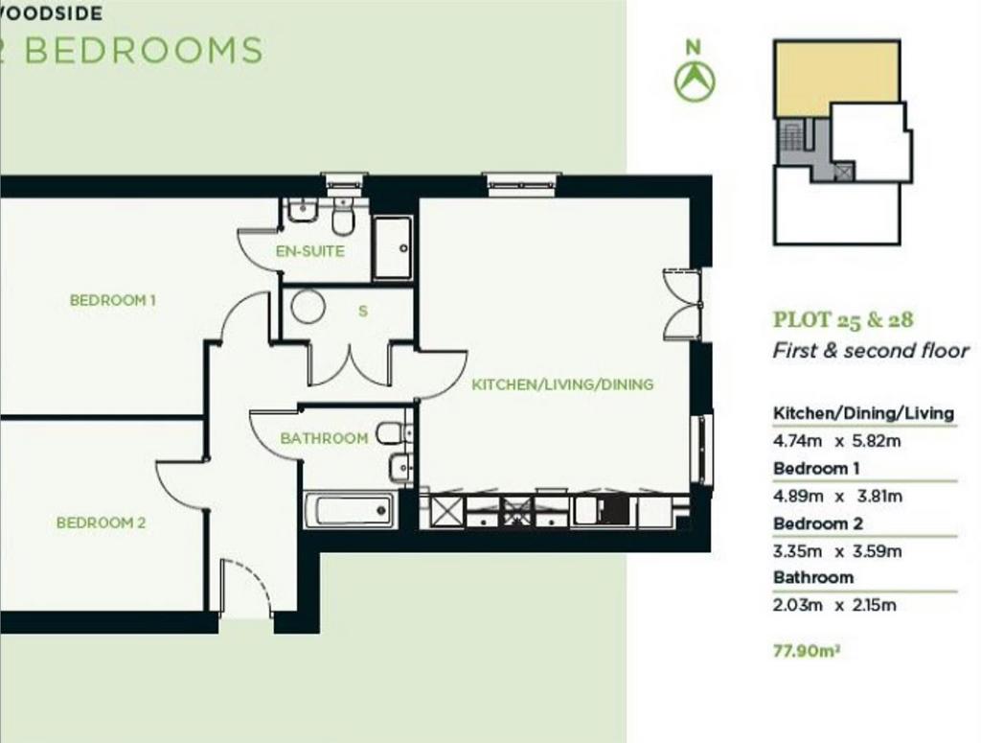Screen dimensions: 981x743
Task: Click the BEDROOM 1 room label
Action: [x=113, y=300]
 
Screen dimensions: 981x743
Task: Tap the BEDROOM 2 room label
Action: [x=101, y=522]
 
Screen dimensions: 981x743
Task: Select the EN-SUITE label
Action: [x=310, y=251]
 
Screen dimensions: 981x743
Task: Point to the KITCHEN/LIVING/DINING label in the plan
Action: [x=562, y=384]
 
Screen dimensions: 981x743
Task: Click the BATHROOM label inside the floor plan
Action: [x=324, y=438]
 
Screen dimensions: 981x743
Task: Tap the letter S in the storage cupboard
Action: [x=363, y=311]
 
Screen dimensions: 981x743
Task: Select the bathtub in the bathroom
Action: [x=350, y=511]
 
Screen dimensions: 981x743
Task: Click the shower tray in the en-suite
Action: [x=392, y=248]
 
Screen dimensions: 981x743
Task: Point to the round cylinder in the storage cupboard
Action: [x=308, y=306]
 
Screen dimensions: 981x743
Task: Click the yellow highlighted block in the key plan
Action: [x=836, y=79]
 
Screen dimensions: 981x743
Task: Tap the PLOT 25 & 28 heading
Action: [x=843, y=320]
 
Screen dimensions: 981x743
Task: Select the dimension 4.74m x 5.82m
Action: [x=837, y=441]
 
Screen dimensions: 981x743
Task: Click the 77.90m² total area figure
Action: [x=807, y=651]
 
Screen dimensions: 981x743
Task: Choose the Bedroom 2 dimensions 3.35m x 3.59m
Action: [x=837, y=551]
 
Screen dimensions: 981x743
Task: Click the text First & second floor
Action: [x=871, y=351]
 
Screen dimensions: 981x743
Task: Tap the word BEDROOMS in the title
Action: [x=144, y=51]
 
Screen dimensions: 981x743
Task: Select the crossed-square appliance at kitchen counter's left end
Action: [x=446, y=511]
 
